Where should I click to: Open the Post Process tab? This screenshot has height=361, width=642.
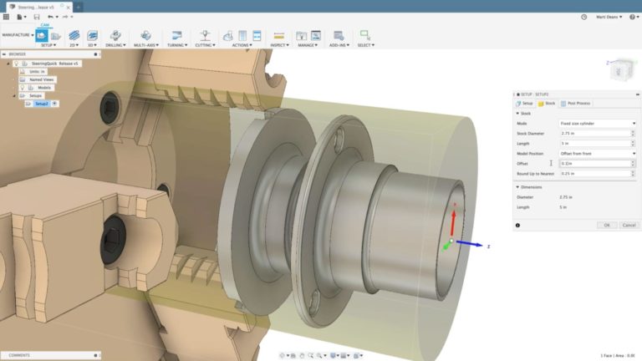(575, 103)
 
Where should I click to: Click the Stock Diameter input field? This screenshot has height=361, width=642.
(596, 133)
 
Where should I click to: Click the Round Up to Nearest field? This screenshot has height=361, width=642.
(596, 173)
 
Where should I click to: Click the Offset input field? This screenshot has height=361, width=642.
(596, 163)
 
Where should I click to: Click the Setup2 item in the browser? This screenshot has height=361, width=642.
(42, 104)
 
